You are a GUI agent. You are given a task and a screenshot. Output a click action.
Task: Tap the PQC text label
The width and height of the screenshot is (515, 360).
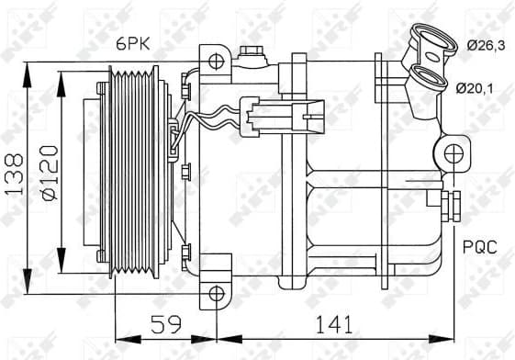[479, 247]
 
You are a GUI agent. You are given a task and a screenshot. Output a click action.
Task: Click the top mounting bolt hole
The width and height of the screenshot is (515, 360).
[216, 62]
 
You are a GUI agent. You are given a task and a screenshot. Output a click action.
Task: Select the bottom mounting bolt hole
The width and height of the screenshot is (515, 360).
[216, 294]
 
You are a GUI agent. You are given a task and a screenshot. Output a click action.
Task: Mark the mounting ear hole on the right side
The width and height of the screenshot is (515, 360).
[453, 152]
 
